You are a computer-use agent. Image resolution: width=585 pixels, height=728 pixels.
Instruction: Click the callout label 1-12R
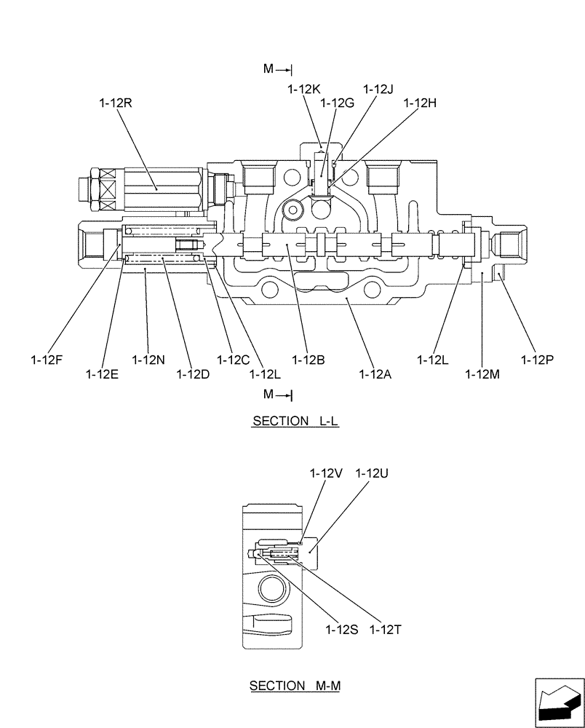116,104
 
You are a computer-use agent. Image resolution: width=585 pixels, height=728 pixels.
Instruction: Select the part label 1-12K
303,89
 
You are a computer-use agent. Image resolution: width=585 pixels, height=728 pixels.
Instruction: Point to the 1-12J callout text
378,89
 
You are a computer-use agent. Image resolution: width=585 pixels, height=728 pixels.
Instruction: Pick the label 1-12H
420,103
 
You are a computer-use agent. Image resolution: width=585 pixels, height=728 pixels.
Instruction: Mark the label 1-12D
193,373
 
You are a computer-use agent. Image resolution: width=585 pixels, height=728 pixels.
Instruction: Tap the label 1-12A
375,373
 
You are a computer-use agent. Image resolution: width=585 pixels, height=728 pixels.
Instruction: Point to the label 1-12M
482,373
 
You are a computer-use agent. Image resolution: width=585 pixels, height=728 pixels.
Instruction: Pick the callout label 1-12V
325,473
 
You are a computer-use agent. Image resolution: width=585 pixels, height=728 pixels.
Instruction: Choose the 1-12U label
371,473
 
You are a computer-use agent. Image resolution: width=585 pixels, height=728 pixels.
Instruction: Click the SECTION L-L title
295,422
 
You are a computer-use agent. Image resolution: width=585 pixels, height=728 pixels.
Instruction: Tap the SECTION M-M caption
295,686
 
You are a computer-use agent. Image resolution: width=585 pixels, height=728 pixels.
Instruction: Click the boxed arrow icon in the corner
558,703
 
